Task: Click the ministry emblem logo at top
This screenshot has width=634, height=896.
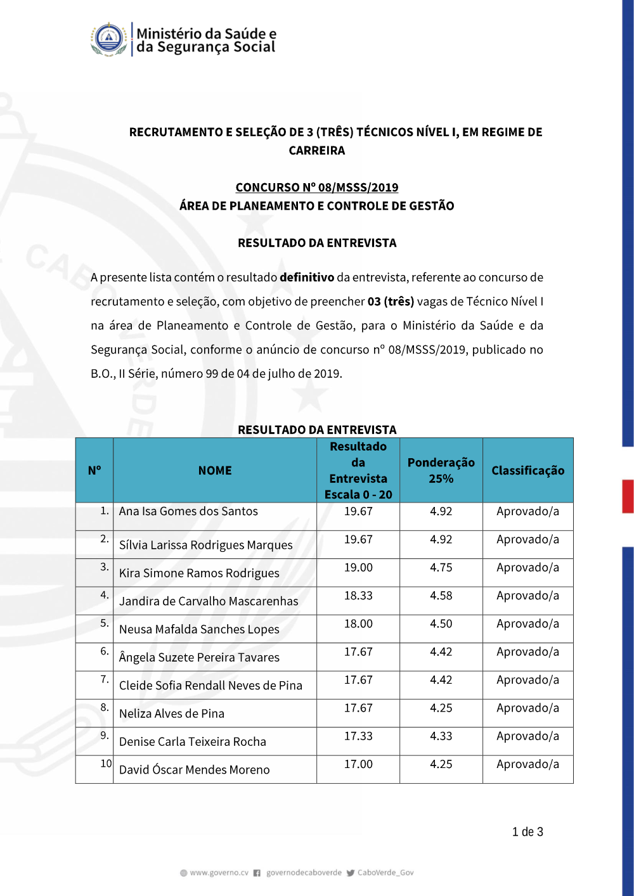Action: [x=109, y=40]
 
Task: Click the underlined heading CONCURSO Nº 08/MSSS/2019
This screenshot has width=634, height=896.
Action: [x=317, y=188]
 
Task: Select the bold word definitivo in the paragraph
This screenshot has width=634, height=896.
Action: [x=307, y=278]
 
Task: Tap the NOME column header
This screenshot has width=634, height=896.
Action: [x=215, y=471]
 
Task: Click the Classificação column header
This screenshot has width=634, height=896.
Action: [x=527, y=471]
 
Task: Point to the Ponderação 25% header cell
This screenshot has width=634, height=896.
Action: [x=441, y=471]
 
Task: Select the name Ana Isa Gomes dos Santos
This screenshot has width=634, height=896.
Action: [x=188, y=511]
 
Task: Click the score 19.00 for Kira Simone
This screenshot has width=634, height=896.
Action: [x=358, y=568]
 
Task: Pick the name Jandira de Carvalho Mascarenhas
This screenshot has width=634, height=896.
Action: [x=209, y=601]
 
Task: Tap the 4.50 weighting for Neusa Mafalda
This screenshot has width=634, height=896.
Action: [x=441, y=624]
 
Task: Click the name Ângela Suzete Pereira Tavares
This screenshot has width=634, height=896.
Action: [x=199, y=658]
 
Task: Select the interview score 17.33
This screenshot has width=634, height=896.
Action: [x=358, y=736]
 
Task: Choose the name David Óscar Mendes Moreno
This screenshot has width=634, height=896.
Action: [x=195, y=770]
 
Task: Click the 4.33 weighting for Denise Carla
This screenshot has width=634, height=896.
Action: [x=441, y=736]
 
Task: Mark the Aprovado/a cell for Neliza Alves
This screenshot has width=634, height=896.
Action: [x=527, y=708]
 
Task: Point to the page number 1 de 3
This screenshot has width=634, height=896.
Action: [x=527, y=832]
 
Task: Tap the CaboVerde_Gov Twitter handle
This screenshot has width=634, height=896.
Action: [x=385, y=873]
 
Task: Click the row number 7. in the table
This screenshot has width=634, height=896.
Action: [x=105, y=679]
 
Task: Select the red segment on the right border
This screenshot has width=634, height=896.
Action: [x=628, y=496]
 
